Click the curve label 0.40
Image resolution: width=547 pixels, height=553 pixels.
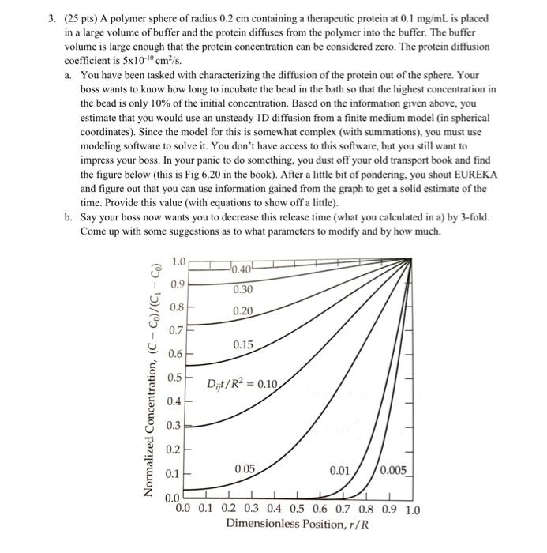[x=242, y=271]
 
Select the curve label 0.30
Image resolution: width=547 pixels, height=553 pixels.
[x=243, y=290]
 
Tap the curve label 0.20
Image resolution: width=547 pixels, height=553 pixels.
[x=243, y=311]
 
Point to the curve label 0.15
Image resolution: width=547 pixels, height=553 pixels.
[x=243, y=345]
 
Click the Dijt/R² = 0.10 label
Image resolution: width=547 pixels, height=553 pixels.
[x=242, y=385]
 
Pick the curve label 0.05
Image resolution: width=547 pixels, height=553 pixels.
[x=243, y=469]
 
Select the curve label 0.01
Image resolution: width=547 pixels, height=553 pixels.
[x=340, y=471]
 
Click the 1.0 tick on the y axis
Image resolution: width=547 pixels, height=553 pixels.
[x=179, y=261]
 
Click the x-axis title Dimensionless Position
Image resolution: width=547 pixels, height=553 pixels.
[x=288, y=525]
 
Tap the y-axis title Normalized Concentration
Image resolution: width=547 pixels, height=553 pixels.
[x=150, y=379]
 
